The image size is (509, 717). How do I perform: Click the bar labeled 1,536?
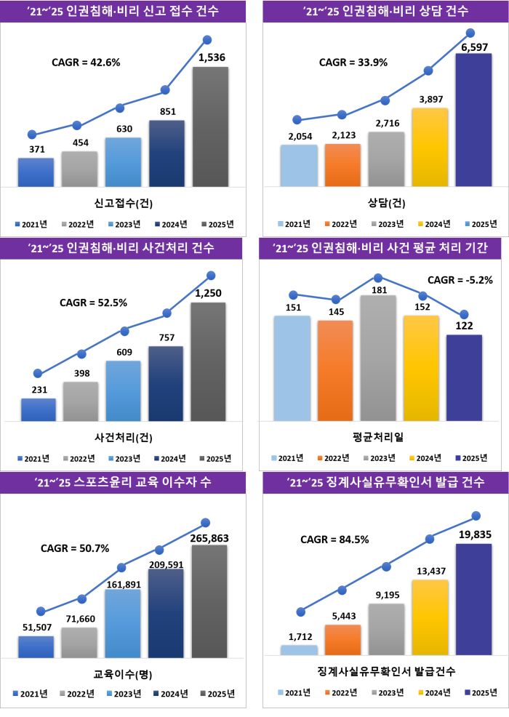pos(210,127)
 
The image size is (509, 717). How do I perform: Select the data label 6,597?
pos(473,47)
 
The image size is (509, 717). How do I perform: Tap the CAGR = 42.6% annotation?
pos(85,63)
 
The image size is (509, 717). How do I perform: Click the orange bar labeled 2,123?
pos(342,165)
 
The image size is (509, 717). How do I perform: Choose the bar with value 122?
pos(464,377)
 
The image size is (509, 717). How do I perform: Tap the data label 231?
pos(39,390)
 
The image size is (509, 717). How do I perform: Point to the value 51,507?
pos(36,628)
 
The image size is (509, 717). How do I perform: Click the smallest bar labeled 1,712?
pos(299,649)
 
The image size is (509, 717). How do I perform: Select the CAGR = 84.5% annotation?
pos(334,540)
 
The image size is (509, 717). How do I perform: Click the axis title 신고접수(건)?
pos(123,201)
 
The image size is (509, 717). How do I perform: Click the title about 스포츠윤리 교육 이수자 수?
pos(127,483)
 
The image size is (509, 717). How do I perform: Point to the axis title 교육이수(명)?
pos(123,673)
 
